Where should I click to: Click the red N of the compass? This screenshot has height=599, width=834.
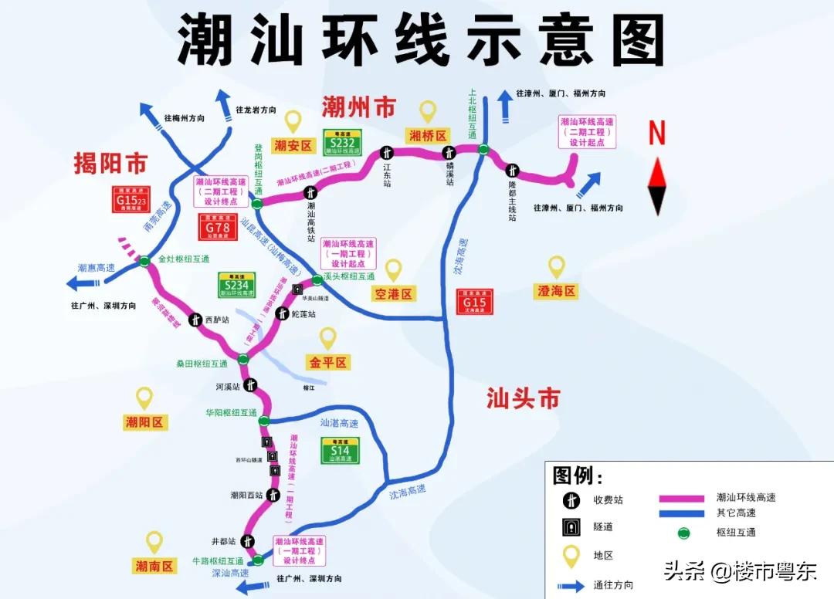click(656, 134)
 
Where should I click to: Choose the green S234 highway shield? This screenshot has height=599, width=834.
click(236, 285)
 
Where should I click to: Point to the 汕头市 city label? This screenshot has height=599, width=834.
click(523, 398)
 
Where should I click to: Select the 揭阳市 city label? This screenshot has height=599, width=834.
click(110, 164)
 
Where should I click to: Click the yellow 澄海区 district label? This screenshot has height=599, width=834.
click(556, 291)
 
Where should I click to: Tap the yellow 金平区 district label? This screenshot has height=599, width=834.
click(328, 362)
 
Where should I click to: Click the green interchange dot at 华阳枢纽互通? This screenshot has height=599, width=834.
click(264, 421)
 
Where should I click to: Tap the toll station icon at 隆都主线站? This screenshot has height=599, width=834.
click(512, 171)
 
